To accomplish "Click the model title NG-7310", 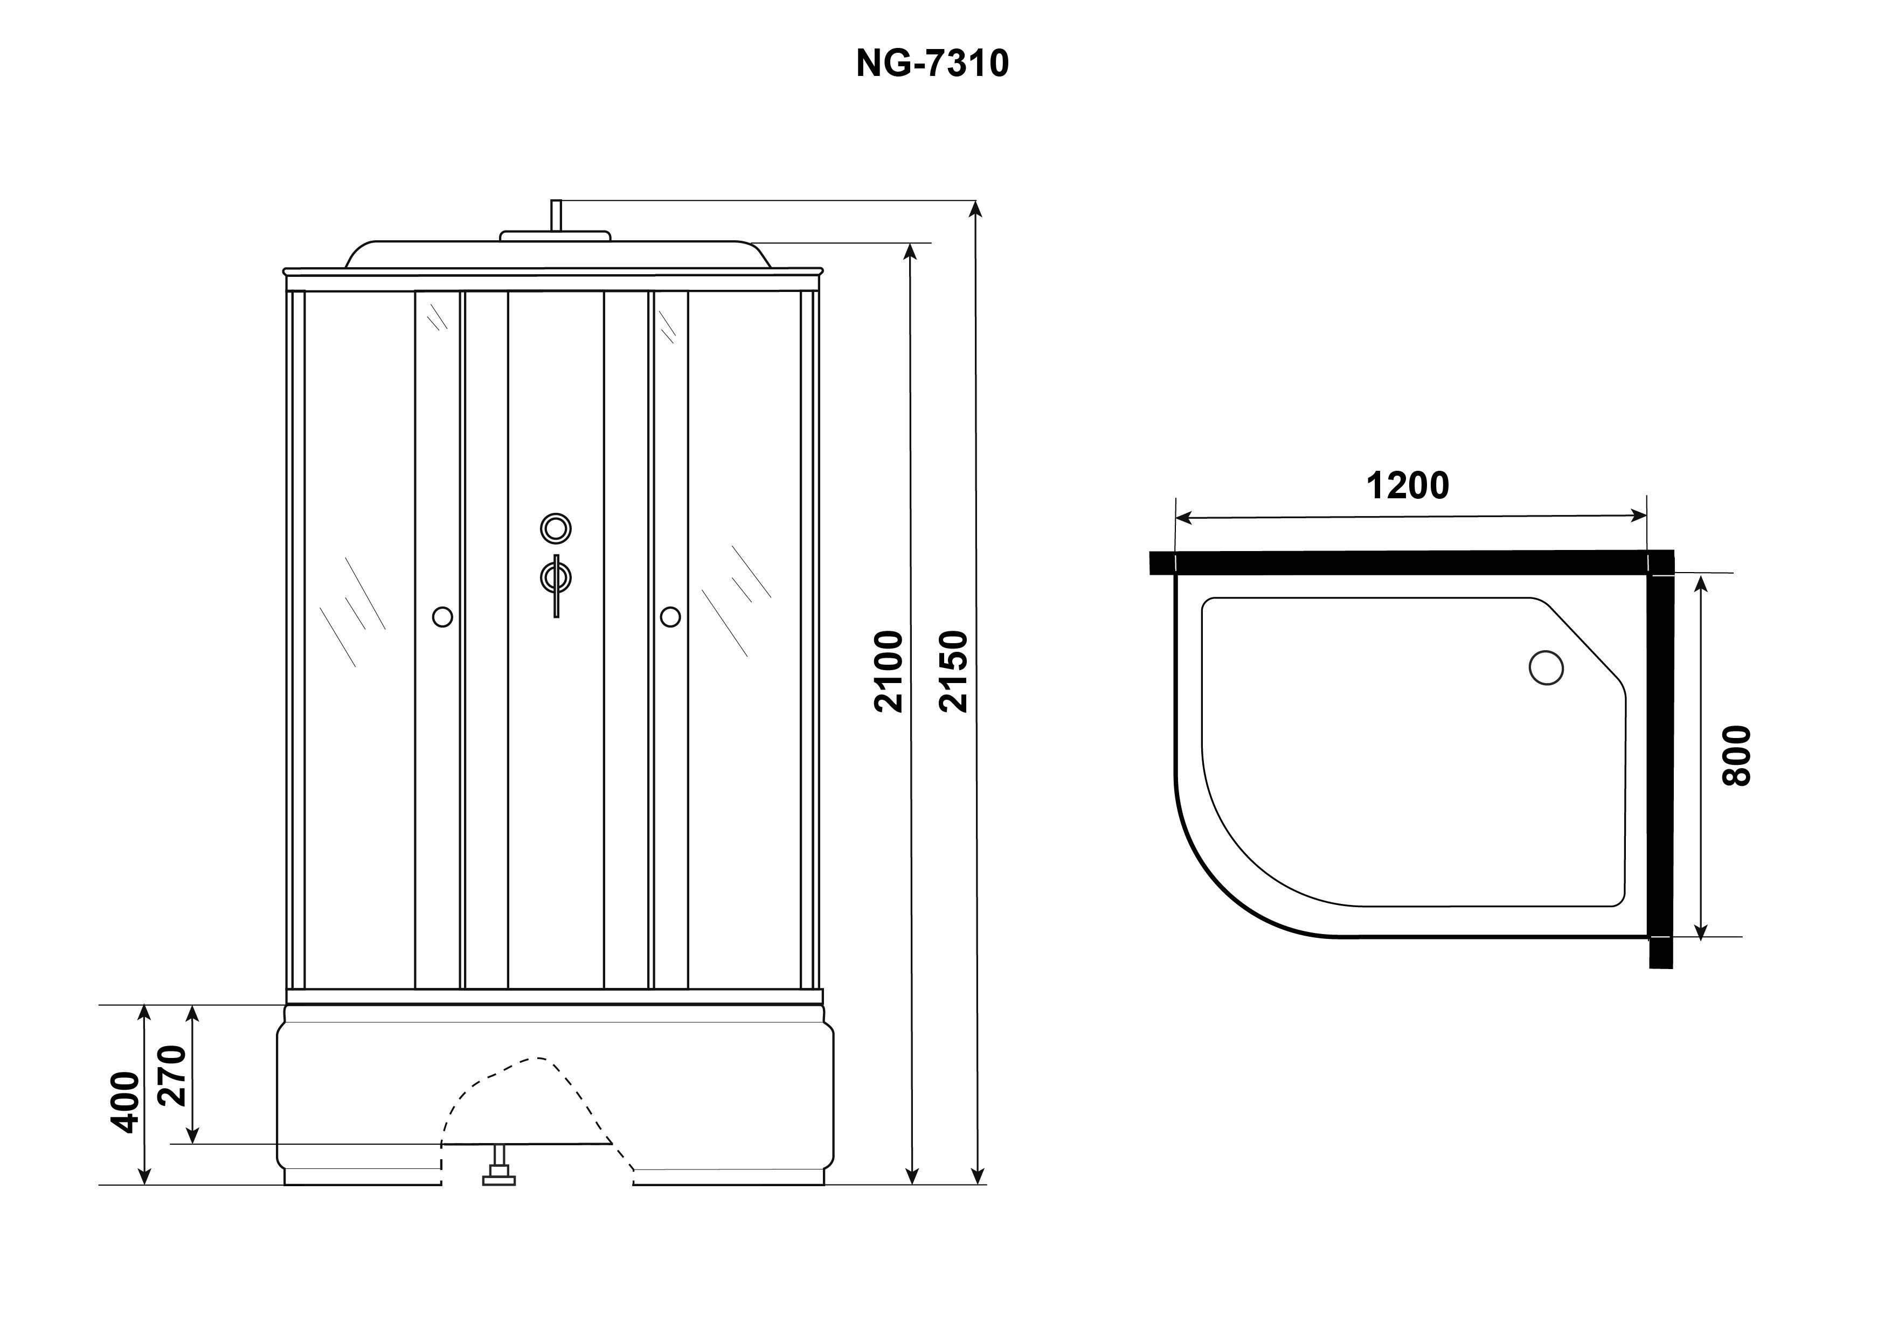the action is (x=932, y=64).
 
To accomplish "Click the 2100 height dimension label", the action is (x=890, y=671).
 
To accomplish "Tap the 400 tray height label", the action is (x=125, y=1102).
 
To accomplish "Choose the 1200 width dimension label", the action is (x=1408, y=486).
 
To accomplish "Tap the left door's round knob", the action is (x=442, y=617).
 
